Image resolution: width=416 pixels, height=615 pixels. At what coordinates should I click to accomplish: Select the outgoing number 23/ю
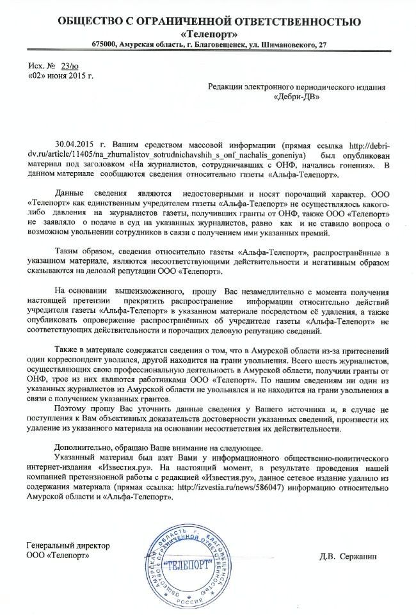[x=69, y=66]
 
